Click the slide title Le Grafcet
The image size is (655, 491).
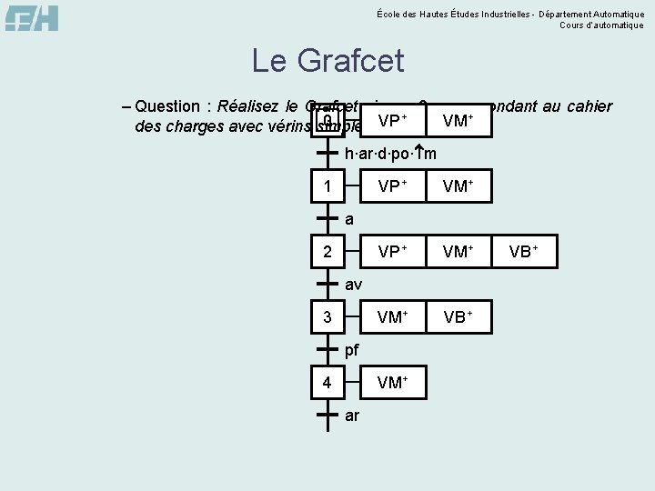point(327,62)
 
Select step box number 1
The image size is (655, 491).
point(327,186)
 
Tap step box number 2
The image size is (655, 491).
point(327,252)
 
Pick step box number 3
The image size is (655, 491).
point(327,317)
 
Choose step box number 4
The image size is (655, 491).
point(327,383)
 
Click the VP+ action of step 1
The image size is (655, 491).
point(391,186)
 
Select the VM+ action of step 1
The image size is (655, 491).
point(458,186)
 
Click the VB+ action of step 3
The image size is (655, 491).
point(458,317)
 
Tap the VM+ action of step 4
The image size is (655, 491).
point(392,383)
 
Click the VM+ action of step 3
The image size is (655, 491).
point(392,317)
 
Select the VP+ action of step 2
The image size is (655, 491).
point(391,252)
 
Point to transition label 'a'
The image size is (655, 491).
point(349,219)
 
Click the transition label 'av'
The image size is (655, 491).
point(353,285)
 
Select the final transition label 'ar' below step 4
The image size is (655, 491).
point(352,416)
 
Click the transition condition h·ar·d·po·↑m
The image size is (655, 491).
point(390,153)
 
